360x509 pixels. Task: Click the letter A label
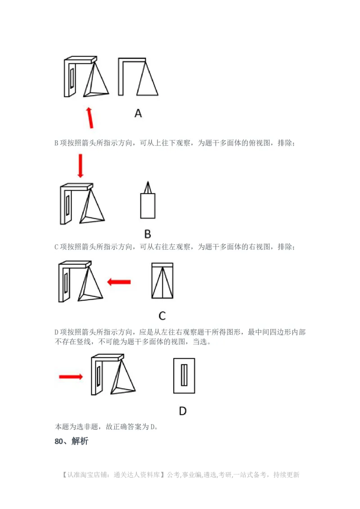pos(138,113)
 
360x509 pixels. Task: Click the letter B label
pos(147,234)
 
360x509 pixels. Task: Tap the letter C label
pos(162,316)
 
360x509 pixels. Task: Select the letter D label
pos(183,411)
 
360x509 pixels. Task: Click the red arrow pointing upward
pos(90,117)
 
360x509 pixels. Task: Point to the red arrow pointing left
pos(119,282)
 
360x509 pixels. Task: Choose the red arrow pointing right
pos(71,376)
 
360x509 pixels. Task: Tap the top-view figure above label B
pos(148,201)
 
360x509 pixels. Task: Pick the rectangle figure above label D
pos(184,375)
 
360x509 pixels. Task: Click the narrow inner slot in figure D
pos(184,375)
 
